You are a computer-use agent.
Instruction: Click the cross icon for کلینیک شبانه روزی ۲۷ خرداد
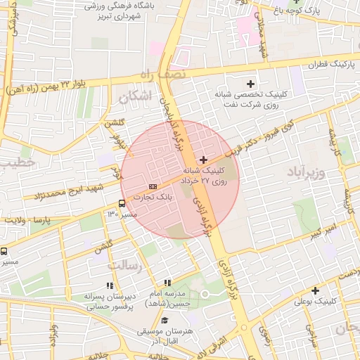[x=204, y=160]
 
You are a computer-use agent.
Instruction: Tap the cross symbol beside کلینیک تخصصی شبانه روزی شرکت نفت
[x=250, y=84]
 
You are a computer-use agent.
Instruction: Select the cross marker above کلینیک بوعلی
[x=315, y=290]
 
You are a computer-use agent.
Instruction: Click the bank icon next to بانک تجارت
[x=153, y=186]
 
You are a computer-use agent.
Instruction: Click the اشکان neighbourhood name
[x=136, y=96]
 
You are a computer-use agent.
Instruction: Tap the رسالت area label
[x=125, y=266]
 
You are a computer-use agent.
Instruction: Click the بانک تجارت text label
[x=157, y=198]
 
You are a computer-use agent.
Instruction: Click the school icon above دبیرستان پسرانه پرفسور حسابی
[x=109, y=286]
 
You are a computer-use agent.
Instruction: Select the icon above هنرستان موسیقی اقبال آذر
[x=164, y=321]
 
